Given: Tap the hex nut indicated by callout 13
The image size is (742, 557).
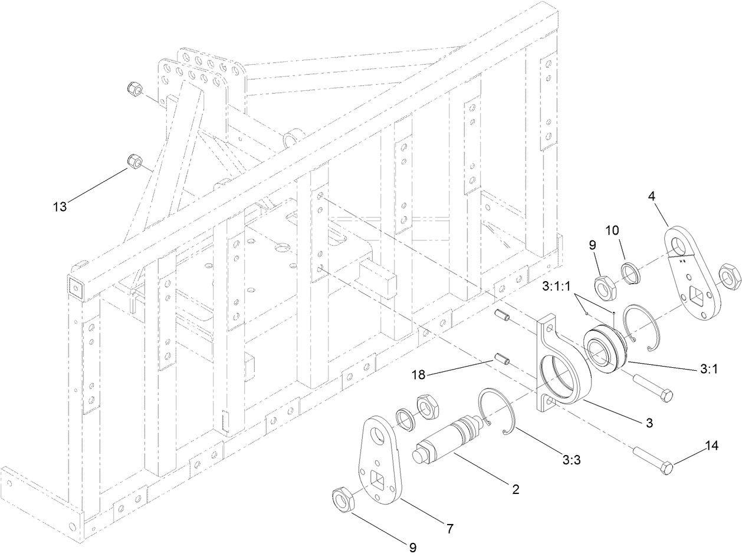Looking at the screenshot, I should point(134,161).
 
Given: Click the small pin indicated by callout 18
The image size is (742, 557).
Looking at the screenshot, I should point(501,358).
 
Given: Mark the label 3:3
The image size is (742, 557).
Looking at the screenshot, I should point(571,460).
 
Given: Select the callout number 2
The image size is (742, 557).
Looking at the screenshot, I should point(515,489).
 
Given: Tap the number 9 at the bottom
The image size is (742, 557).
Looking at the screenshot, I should point(413,547).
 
